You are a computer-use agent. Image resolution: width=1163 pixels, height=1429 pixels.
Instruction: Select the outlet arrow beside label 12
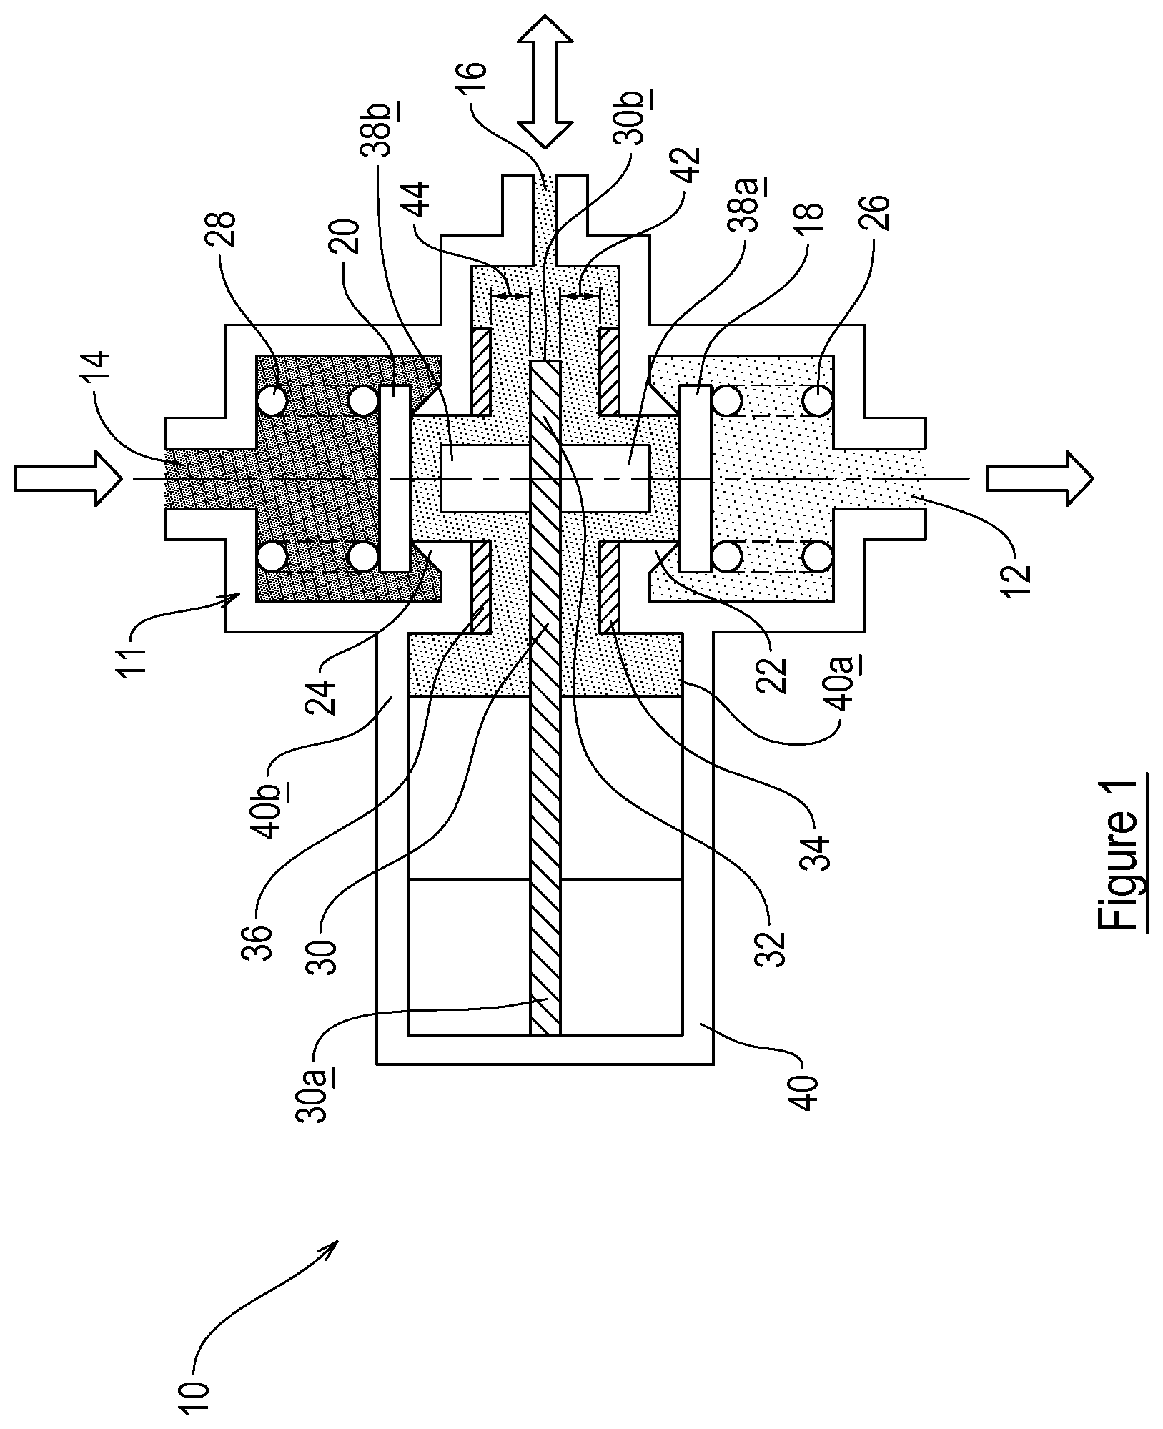coord(1039,478)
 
